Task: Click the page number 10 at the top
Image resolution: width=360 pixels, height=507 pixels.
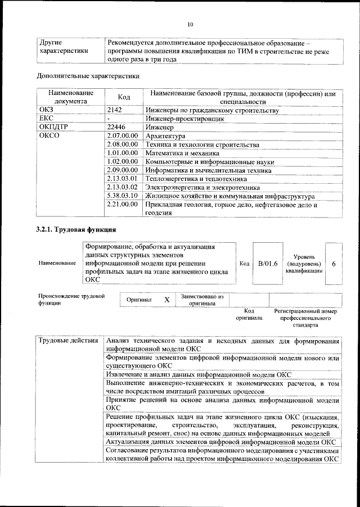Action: click(x=190, y=24)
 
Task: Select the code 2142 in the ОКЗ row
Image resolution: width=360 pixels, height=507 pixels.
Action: click(x=115, y=110)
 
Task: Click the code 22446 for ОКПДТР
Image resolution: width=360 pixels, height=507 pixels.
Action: click(x=116, y=128)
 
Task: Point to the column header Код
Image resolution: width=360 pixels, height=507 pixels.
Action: click(x=124, y=97)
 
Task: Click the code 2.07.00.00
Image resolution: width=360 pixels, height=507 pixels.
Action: click(x=123, y=136)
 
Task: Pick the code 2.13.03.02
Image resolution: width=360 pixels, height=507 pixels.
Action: click(x=123, y=187)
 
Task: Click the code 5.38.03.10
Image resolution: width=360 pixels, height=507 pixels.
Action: click(x=123, y=196)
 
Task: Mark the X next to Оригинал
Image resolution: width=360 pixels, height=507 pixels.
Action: click(x=166, y=300)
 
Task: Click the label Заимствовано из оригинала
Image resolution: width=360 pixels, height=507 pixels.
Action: click(x=202, y=300)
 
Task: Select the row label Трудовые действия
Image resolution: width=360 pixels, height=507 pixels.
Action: click(x=69, y=341)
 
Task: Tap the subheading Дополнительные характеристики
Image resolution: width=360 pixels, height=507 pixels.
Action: click(x=88, y=75)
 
